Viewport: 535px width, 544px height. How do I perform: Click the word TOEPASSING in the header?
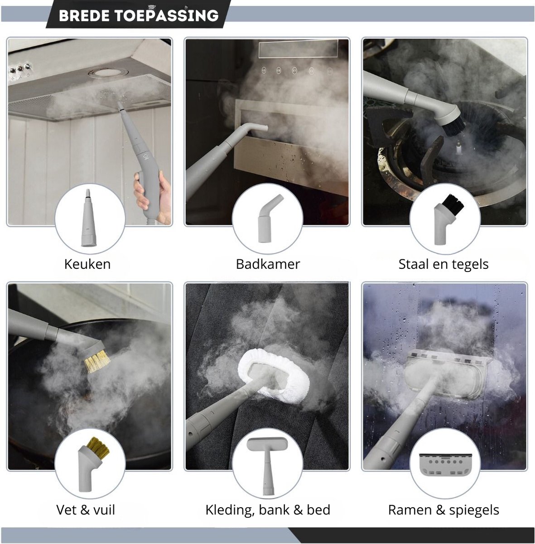[167, 15]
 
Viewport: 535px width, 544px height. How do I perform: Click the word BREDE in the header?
[84, 16]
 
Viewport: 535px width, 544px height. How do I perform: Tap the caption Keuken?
[87, 264]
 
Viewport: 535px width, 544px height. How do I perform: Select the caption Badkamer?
[268, 264]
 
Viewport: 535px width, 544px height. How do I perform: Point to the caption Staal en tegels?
[443, 264]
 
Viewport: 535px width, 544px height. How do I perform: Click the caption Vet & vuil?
[86, 510]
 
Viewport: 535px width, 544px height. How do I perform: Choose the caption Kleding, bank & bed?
[268, 510]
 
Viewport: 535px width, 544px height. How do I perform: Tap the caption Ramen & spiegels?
[443, 510]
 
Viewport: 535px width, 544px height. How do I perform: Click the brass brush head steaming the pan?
[96, 361]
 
